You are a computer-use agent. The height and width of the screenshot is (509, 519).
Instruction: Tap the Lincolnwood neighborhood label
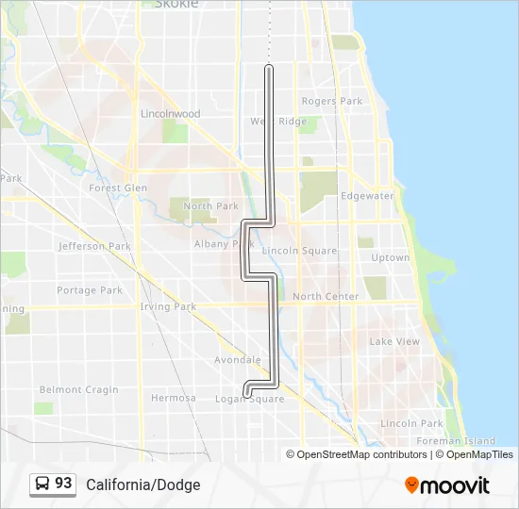pos(170,114)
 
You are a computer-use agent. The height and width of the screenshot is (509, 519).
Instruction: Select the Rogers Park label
pos(331,101)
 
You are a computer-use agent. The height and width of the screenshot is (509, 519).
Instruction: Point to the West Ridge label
pos(278,122)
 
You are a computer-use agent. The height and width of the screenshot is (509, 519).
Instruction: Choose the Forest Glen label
pos(118,188)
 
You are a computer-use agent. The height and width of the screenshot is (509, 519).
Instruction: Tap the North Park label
pos(211,206)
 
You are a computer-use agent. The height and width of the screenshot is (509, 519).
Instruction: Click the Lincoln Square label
pos(299,251)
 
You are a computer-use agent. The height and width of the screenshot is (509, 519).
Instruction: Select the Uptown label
pos(391,257)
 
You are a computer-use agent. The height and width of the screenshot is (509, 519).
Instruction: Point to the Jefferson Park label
pos(94,246)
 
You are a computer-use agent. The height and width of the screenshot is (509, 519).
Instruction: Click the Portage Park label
pos(90,290)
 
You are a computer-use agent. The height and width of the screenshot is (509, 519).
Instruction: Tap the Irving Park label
pos(168,306)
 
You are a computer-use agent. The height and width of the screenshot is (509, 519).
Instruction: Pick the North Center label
pos(326,296)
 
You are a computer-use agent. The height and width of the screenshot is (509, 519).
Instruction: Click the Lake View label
pos(394,341)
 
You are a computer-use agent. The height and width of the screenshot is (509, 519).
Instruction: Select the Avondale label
pos(238,360)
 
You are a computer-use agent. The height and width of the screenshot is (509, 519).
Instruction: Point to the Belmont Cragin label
pos(79,389)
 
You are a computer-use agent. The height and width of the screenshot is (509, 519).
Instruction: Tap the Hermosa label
pos(174,398)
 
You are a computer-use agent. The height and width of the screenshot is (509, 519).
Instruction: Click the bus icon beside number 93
pos(42,484)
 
